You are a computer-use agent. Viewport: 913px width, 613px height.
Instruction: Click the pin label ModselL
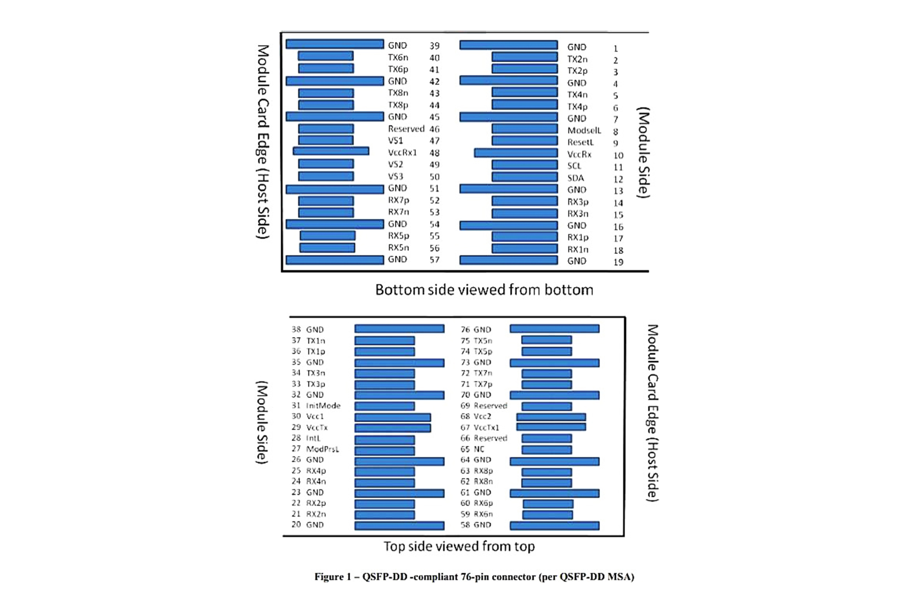[x=584, y=131]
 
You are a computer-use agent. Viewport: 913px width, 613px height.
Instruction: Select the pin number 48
[x=434, y=153]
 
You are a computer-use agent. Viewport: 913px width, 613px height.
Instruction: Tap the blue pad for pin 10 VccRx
[x=515, y=153]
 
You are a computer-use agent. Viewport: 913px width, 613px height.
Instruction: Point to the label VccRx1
[x=402, y=153]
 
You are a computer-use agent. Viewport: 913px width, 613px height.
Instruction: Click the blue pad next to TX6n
[x=325, y=56]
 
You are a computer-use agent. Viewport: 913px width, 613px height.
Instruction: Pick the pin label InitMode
[x=323, y=406]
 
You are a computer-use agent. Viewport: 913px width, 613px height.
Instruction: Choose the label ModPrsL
[x=322, y=449]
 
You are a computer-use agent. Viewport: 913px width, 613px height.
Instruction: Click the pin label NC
[x=479, y=449]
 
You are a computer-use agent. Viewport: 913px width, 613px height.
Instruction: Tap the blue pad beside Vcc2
[x=551, y=417]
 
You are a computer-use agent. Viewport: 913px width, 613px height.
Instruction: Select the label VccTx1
[x=486, y=428]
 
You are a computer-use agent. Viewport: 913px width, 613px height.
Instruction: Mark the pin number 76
[x=465, y=329]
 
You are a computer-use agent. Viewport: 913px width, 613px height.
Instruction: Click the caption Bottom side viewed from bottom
[x=484, y=290]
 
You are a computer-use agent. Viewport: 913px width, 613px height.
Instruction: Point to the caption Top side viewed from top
[x=459, y=546]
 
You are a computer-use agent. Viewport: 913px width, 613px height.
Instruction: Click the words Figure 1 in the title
[x=333, y=577]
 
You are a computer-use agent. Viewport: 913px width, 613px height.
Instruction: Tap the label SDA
[x=575, y=178]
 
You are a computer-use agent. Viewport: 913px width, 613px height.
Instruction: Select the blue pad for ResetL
[x=525, y=141]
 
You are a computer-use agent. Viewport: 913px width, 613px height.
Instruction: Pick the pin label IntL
[x=313, y=439]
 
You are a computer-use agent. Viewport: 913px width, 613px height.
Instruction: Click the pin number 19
[x=618, y=262]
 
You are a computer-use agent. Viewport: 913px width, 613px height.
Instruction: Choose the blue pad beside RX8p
[x=546, y=472]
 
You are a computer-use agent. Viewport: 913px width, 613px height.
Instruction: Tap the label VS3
[x=395, y=176]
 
